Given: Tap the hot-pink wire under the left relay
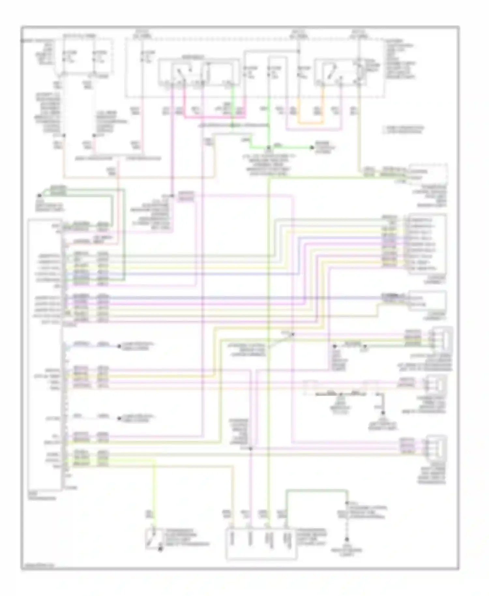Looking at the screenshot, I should pos(212,117).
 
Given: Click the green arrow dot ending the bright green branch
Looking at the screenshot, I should pos(312,148).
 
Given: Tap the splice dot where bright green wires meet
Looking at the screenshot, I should pos(269,147).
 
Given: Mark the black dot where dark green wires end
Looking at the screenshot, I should pos(39,196).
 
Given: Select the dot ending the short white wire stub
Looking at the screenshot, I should pos(119,418).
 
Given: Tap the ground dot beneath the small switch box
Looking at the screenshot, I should pos(160,550).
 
